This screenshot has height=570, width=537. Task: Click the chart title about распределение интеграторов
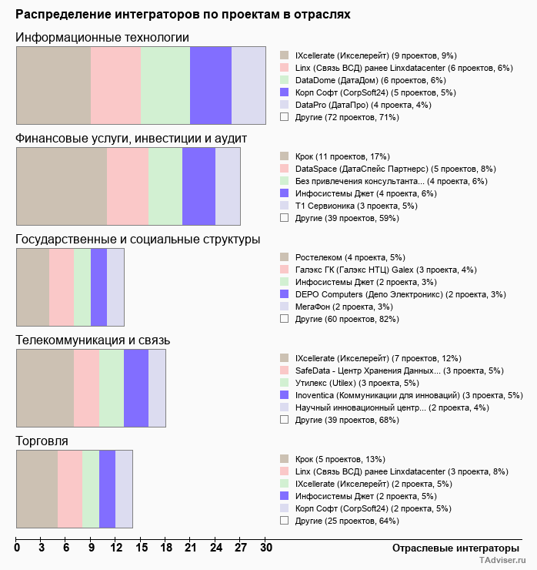tap(183, 14)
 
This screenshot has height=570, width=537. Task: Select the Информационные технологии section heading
tap(102, 38)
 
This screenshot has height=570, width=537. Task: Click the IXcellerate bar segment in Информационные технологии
tap(54, 85)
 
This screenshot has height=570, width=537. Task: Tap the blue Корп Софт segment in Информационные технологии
tap(211, 85)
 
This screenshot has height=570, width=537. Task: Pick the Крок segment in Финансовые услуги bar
tap(62, 186)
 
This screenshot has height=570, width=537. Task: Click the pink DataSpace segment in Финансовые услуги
tap(128, 186)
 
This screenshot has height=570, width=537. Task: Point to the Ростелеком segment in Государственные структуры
tap(33, 287)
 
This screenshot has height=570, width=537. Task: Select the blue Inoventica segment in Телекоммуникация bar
tap(136, 388)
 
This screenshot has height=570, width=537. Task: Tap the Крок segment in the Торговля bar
tap(37, 489)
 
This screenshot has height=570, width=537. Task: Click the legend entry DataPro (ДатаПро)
tap(354, 105)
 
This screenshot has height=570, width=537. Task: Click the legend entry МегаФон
tap(338, 307)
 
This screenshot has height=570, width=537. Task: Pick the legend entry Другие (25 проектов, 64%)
tap(346, 521)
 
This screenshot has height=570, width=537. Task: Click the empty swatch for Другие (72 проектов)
tap(285, 117)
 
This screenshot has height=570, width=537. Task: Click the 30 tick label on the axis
tap(265, 548)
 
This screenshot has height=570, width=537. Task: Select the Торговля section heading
tap(42, 441)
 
